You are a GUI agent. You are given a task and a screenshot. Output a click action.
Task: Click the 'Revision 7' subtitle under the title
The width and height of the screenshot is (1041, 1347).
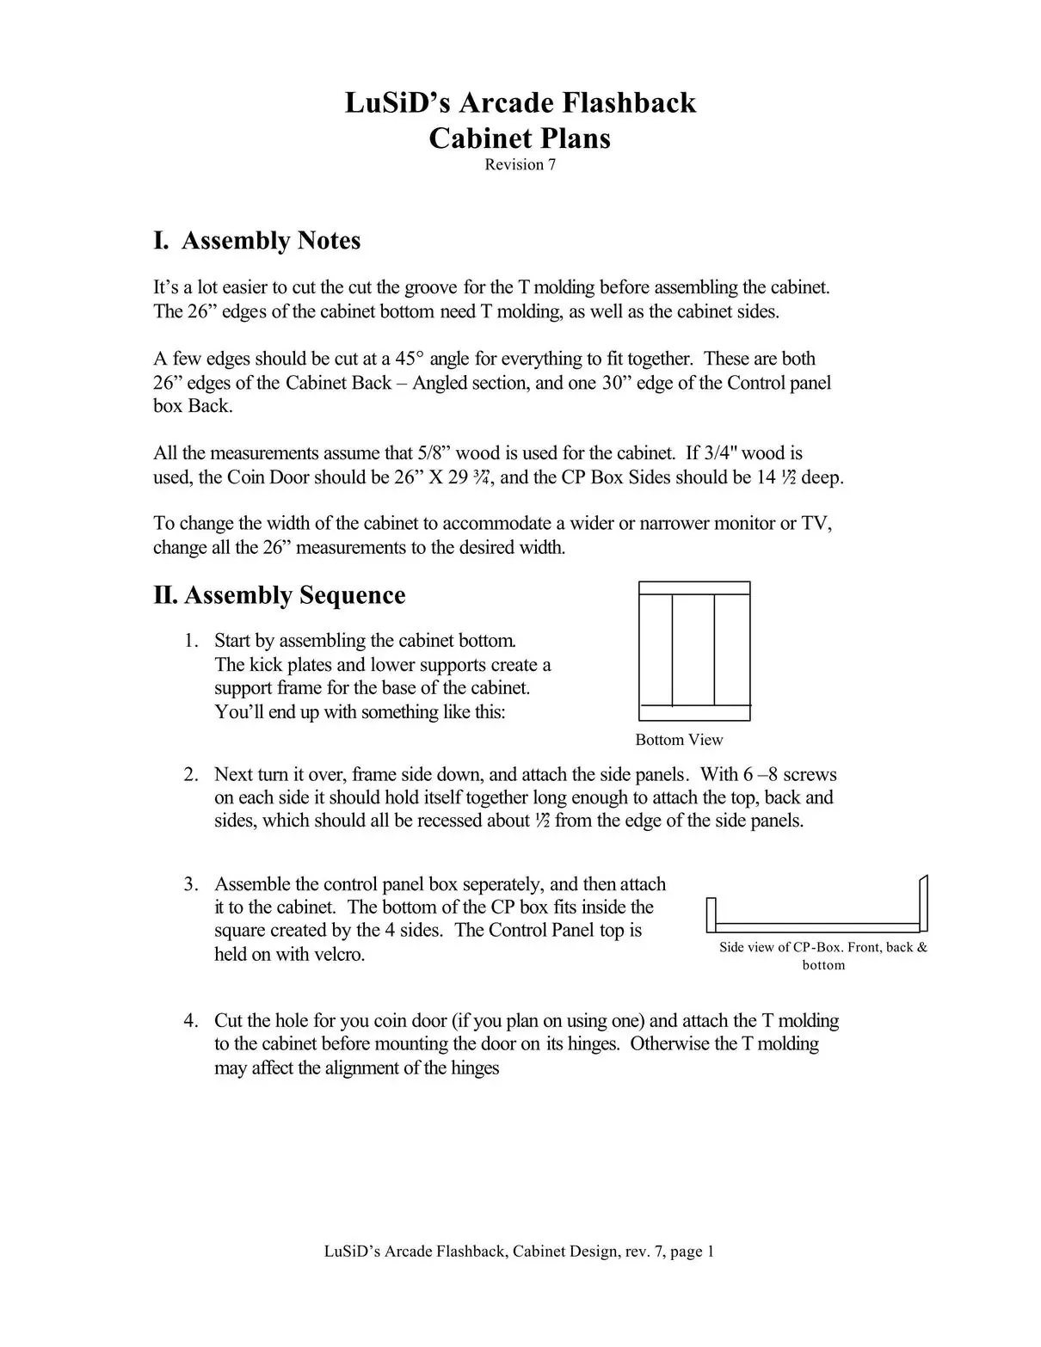(x=520, y=164)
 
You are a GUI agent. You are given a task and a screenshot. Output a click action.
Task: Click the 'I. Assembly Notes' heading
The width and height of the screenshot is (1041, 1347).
(x=256, y=241)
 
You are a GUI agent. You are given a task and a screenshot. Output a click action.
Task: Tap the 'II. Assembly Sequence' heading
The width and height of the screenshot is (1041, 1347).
(x=279, y=595)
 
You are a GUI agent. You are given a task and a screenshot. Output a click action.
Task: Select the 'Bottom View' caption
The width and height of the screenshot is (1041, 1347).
(x=679, y=740)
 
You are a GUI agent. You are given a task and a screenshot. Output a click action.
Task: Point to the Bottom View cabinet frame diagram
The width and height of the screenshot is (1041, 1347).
(x=694, y=650)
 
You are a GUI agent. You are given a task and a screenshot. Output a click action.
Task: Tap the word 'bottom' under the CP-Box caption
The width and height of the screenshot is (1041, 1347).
(x=823, y=965)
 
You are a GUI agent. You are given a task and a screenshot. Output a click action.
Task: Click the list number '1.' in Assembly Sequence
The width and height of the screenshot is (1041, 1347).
(x=191, y=641)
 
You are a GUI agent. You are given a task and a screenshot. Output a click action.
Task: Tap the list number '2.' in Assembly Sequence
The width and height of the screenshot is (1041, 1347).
(x=191, y=774)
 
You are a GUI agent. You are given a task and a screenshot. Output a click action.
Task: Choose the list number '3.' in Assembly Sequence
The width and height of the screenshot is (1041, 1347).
(x=191, y=884)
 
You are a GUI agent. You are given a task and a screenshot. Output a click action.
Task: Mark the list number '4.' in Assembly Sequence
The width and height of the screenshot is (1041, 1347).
(x=191, y=1021)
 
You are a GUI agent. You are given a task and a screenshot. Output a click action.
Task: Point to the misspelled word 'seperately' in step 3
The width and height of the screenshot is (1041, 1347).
(x=502, y=884)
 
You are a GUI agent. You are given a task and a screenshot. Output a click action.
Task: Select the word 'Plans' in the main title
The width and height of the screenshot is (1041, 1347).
(x=575, y=138)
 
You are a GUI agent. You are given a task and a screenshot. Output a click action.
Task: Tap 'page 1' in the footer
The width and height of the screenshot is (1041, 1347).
(x=692, y=1252)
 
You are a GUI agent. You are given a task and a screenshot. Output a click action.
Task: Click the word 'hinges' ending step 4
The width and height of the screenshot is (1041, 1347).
(x=475, y=1068)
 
